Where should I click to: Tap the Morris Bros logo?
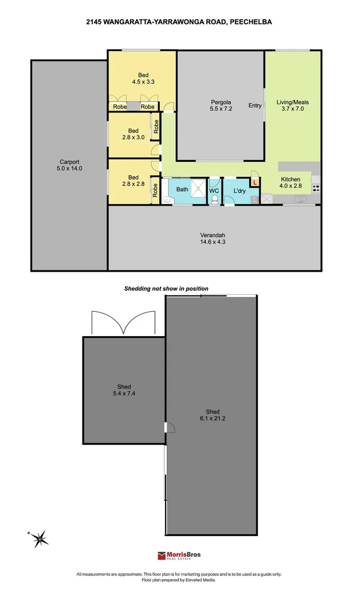tap(180, 556)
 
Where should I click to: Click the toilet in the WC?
tap(214, 199)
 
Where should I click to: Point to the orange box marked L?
tap(255, 182)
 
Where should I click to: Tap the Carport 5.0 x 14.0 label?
tap(70, 164)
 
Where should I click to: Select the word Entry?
tap(255, 106)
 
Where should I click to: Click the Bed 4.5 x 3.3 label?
tap(143, 78)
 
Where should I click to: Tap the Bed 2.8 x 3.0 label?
tap(133, 134)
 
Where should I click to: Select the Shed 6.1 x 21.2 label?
tap(212, 415)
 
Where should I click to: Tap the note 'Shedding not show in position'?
tap(166, 289)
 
